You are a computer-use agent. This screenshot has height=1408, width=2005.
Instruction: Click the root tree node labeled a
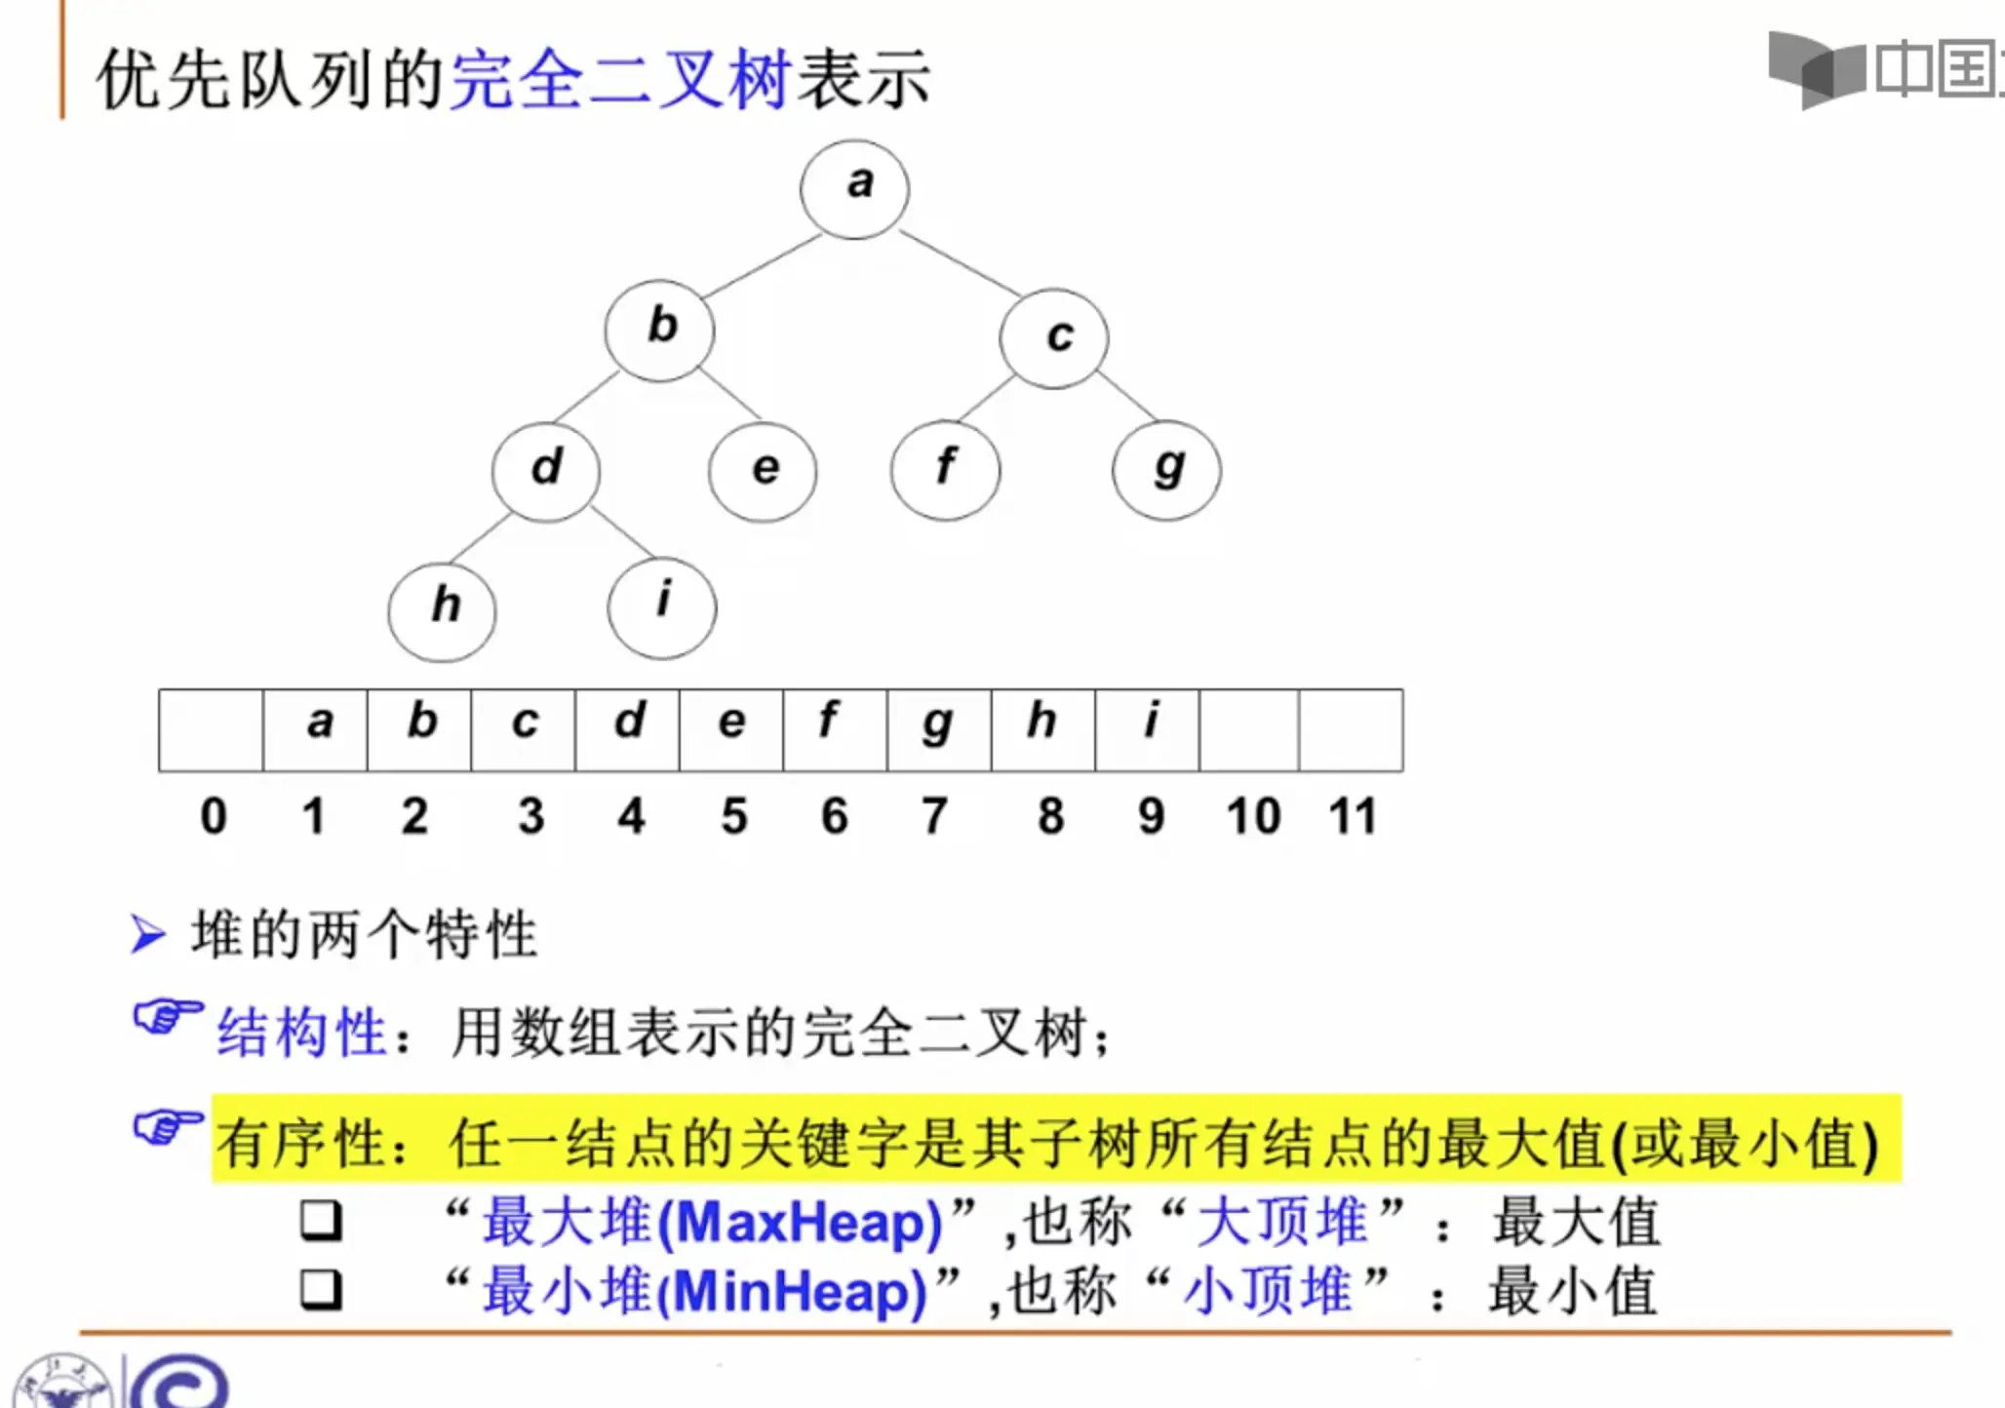click(x=854, y=188)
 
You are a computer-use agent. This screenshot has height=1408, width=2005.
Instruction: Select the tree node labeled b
click(x=659, y=330)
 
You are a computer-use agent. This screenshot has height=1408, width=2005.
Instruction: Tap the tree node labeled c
click(x=1053, y=337)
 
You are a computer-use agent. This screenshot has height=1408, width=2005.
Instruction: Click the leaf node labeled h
click(x=442, y=610)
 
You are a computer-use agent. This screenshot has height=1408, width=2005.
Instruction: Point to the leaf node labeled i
click(x=662, y=606)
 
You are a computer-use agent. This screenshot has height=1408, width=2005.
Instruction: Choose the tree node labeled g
click(x=1166, y=471)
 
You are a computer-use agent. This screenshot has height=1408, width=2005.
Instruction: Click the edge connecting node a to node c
click(x=960, y=263)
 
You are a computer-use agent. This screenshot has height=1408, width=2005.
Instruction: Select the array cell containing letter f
click(x=835, y=729)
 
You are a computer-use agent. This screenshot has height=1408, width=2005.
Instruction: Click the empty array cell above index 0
click(x=211, y=729)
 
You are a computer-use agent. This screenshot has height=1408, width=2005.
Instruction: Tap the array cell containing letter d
click(x=627, y=729)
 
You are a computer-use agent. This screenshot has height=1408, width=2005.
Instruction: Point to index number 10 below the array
click(x=1253, y=816)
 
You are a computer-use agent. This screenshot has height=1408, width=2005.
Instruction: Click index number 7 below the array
click(x=934, y=816)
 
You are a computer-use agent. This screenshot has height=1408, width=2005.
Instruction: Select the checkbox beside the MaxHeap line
click(x=321, y=1219)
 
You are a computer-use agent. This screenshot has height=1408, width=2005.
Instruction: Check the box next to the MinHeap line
click(x=321, y=1289)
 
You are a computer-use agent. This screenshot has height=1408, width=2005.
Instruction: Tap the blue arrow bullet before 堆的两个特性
click(x=147, y=934)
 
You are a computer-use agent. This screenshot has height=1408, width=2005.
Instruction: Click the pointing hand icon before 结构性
click(x=168, y=1018)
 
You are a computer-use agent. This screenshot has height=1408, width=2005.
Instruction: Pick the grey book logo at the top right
click(x=1816, y=68)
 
